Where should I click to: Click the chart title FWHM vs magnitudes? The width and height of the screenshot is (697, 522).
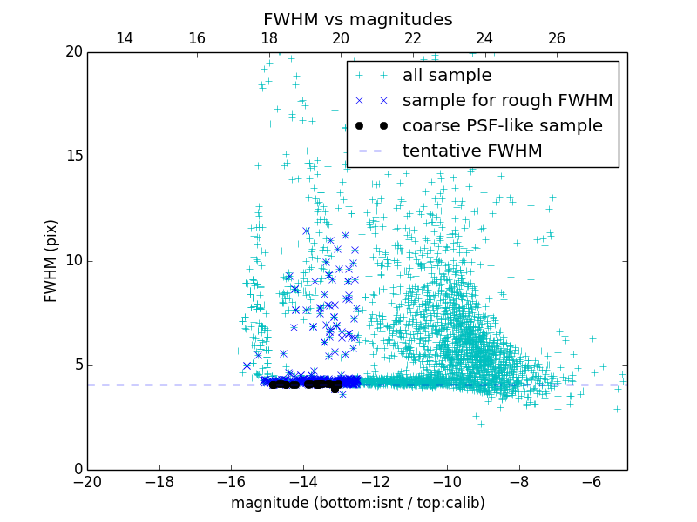coord(357,19)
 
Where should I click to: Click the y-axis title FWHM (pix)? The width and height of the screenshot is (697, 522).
coord(51,261)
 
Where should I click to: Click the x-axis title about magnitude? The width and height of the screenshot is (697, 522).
coord(357,503)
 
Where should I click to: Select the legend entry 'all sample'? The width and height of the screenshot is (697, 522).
coord(447,76)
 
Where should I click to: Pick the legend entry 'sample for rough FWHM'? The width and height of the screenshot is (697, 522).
coord(507,100)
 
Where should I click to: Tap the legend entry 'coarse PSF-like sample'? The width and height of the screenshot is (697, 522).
coord(502,125)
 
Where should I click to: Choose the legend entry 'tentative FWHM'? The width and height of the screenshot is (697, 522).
coord(472,151)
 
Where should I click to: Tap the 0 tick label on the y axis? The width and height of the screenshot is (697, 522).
coord(77,470)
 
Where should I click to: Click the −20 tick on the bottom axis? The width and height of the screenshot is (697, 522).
coord(87,481)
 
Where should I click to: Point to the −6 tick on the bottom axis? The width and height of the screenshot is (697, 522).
coord(592,481)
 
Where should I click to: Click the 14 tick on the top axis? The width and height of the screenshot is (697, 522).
coord(125,38)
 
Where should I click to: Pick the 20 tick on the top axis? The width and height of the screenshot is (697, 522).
coord(341,38)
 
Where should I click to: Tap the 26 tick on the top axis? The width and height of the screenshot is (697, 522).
coord(557,38)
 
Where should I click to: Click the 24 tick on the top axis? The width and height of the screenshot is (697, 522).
coord(484,38)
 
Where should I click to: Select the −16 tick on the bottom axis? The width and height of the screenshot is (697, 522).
coord(231,481)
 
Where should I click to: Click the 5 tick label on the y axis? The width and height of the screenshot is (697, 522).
coord(77,365)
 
